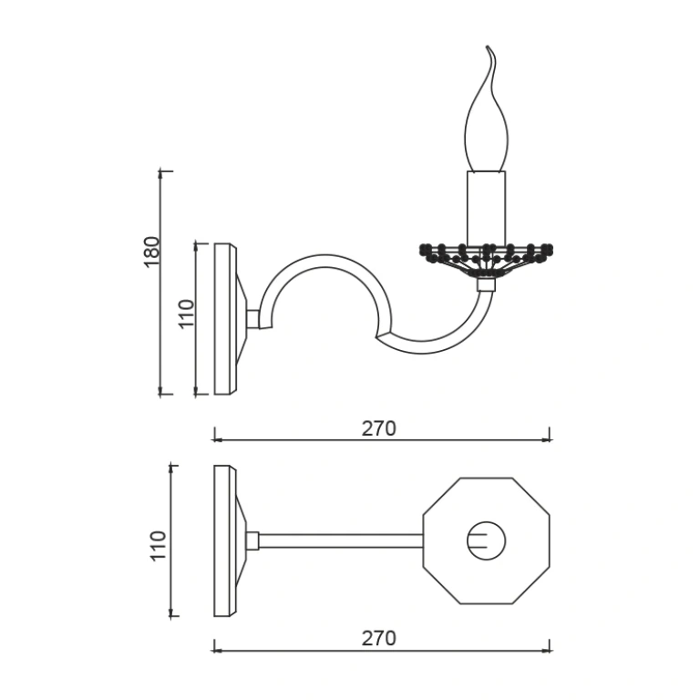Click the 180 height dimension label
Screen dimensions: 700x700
(152, 252)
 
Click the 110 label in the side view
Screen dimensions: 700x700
(187, 314)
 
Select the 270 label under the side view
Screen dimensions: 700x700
(378, 428)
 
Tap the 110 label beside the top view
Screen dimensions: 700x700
(159, 546)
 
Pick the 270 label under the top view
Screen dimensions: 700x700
(378, 638)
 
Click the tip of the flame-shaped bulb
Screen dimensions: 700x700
(488, 46)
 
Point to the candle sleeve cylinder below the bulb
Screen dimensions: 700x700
(487, 208)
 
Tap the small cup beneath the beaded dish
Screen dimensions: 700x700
(486, 284)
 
